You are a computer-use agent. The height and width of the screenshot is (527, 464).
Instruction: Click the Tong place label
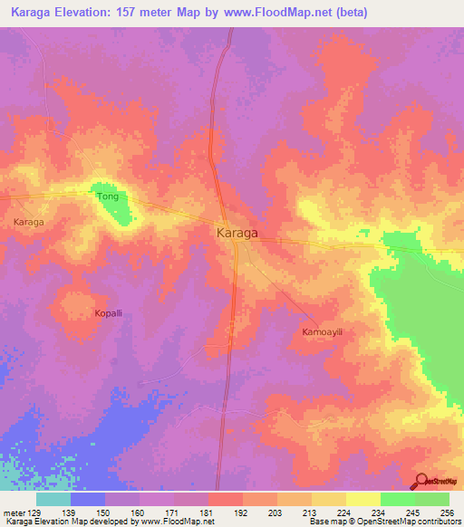tap(107, 195)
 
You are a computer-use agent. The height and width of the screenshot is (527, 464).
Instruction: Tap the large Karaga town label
tap(237, 233)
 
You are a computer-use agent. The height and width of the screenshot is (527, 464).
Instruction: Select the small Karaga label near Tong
tap(29, 221)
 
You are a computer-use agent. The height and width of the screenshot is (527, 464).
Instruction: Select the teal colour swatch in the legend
tap(53, 499)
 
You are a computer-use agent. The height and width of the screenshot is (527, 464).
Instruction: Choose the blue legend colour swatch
tap(88, 499)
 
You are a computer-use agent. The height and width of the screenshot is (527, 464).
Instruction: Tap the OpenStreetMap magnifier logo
tap(422, 481)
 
